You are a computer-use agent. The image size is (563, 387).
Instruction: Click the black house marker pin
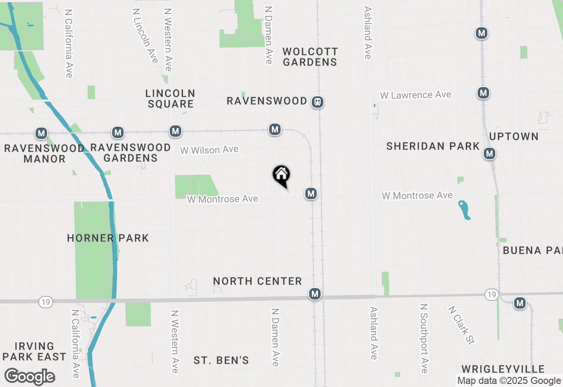[281, 175]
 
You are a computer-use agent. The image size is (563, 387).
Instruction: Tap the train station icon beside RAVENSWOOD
[318, 102]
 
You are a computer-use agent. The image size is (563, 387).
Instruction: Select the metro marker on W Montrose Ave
[311, 193]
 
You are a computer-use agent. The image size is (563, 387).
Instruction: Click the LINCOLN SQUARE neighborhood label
[171, 99]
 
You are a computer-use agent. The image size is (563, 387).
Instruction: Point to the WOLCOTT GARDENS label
[310, 57]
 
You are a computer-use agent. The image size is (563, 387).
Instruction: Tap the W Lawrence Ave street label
[416, 95]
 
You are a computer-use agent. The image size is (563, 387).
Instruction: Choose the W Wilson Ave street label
[209, 150]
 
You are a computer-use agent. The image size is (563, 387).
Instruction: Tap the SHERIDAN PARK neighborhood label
[433, 146]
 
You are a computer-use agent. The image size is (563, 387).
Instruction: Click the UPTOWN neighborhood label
[514, 136]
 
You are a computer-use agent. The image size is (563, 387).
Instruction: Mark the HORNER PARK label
[108, 238]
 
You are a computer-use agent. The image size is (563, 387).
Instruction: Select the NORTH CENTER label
[257, 281]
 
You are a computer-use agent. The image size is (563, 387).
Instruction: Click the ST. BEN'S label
[221, 361]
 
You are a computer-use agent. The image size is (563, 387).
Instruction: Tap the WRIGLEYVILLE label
[503, 369]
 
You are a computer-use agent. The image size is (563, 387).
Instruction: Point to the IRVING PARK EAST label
[34, 351]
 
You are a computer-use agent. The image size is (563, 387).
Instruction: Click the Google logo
[29, 377]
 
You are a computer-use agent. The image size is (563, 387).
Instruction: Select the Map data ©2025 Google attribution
[509, 381]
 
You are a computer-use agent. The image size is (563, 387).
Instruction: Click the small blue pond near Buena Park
[464, 210]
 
